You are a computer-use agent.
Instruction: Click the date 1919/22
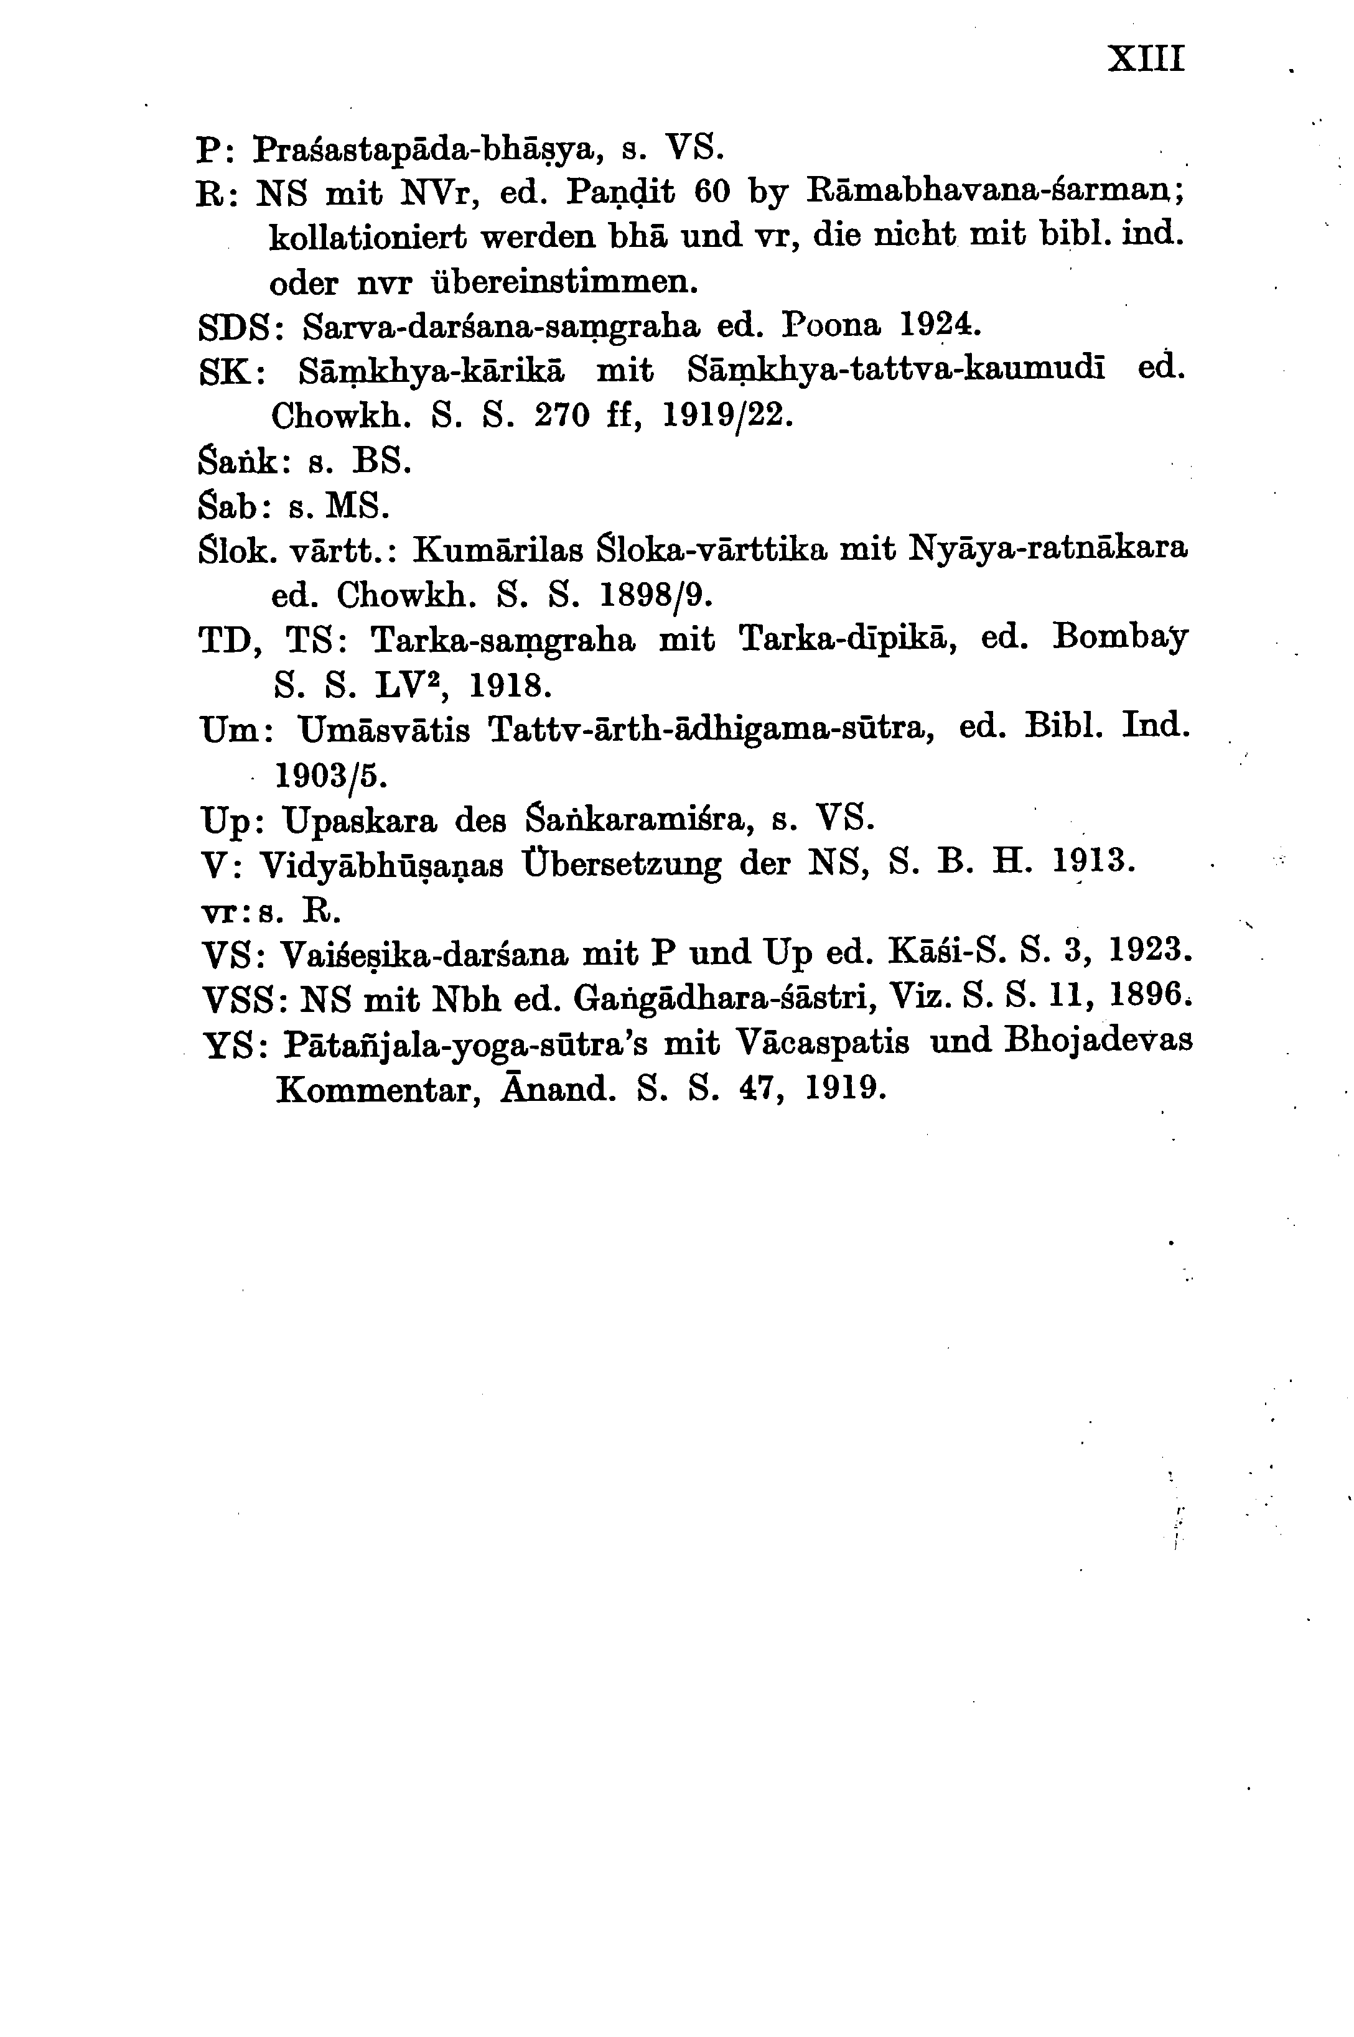(x=726, y=416)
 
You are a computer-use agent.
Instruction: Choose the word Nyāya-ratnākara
(x=1049, y=547)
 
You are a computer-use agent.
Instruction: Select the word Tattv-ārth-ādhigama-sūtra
(x=713, y=730)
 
